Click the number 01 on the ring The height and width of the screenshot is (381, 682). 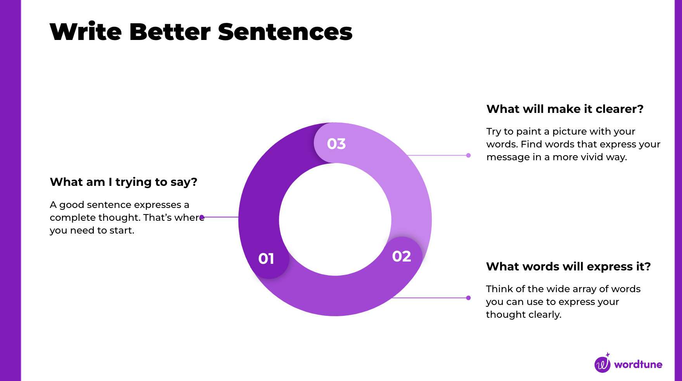(x=266, y=259)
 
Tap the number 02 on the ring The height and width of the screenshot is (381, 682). (x=402, y=256)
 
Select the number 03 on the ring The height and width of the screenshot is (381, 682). (x=336, y=144)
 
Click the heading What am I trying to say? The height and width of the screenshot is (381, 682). (x=123, y=182)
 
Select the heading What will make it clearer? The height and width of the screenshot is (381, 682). (x=565, y=109)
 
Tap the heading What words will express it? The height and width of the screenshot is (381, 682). (x=568, y=267)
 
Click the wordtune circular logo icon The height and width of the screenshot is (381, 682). (x=602, y=365)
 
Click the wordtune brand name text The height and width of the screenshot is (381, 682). (x=638, y=365)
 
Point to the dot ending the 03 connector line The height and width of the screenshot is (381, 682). (x=469, y=156)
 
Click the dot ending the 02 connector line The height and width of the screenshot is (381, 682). (x=469, y=298)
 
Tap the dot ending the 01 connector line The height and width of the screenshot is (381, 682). (x=202, y=217)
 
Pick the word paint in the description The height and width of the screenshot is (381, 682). (x=528, y=132)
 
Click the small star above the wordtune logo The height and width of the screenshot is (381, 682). (x=608, y=355)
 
